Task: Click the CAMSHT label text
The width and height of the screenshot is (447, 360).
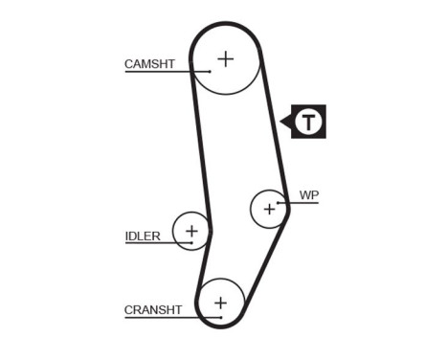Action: click(x=149, y=64)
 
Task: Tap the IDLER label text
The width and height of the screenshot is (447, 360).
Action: click(x=142, y=236)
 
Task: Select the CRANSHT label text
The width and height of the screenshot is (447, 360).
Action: click(x=152, y=309)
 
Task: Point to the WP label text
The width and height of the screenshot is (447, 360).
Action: click(x=308, y=194)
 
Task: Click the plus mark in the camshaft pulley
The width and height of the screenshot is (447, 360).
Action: click(x=225, y=58)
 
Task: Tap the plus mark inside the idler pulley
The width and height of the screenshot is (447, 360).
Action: click(x=191, y=230)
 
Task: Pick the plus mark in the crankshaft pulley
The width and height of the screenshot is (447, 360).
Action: click(x=221, y=304)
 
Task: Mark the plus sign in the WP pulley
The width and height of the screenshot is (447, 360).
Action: click(x=269, y=207)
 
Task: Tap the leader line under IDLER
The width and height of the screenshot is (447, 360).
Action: click(x=153, y=243)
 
